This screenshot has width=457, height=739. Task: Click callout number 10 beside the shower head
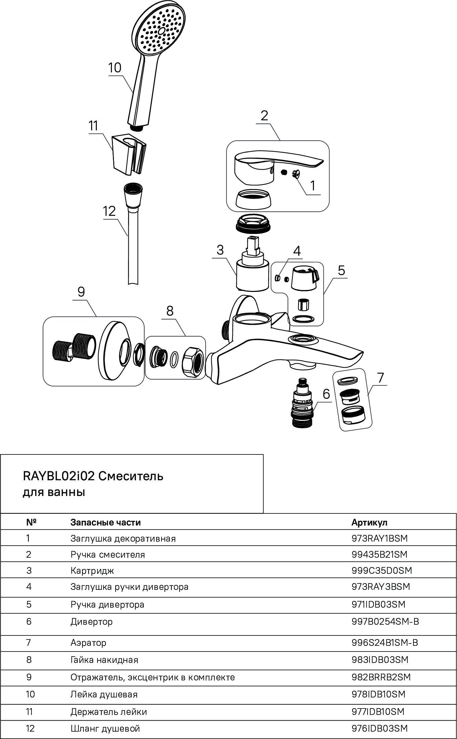click(x=115, y=68)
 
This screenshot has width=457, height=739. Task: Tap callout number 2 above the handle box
click(x=264, y=116)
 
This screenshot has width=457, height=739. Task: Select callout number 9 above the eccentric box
click(x=81, y=292)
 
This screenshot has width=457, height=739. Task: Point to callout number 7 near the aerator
click(x=380, y=378)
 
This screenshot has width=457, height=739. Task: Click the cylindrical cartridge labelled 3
click(x=252, y=275)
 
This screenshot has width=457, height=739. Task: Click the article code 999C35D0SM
click(x=382, y=570)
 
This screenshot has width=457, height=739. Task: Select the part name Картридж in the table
click(x=92, y=570)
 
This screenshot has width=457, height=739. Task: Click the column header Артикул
click(x=369, y=522)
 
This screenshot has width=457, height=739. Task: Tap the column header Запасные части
click(x=106, y=522)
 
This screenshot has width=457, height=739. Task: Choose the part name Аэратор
click(x=88, y=642)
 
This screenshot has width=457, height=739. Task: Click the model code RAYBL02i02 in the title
click(x=59, y=476)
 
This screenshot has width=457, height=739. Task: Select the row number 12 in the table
click(x=30, y=729)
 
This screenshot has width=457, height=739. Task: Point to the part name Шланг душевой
click(x=105, y=729)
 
